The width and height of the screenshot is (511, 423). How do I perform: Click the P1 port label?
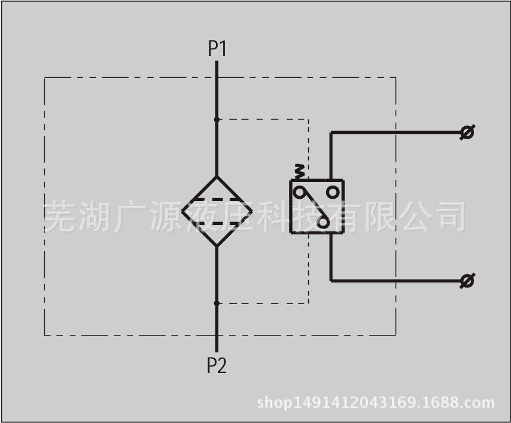[217, 49]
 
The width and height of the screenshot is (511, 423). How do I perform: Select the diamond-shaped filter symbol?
[217, 211]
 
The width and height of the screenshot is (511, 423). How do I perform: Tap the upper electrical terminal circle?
[467, 132]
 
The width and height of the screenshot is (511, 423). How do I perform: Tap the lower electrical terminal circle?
[467, 281]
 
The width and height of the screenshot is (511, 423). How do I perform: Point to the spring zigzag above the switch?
[299, 172]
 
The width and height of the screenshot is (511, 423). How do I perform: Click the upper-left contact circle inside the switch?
[299, 192]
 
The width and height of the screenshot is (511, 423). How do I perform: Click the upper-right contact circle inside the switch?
[333, 192]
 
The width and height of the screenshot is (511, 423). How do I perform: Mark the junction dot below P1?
[217, 120]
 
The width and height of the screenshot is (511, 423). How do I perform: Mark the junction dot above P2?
[217, 303]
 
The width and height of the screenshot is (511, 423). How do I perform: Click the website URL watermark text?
[376, 403]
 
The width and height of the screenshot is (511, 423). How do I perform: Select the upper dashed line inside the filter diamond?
[217, 199]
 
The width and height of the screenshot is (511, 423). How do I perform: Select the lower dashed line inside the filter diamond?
[217, 224]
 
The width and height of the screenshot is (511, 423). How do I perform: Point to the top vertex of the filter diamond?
[217, 176]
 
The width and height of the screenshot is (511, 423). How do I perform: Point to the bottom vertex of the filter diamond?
[217, 247]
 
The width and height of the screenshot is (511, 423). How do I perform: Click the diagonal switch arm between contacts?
[312, 206]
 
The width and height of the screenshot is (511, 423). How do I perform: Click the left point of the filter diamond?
[182, 211]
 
